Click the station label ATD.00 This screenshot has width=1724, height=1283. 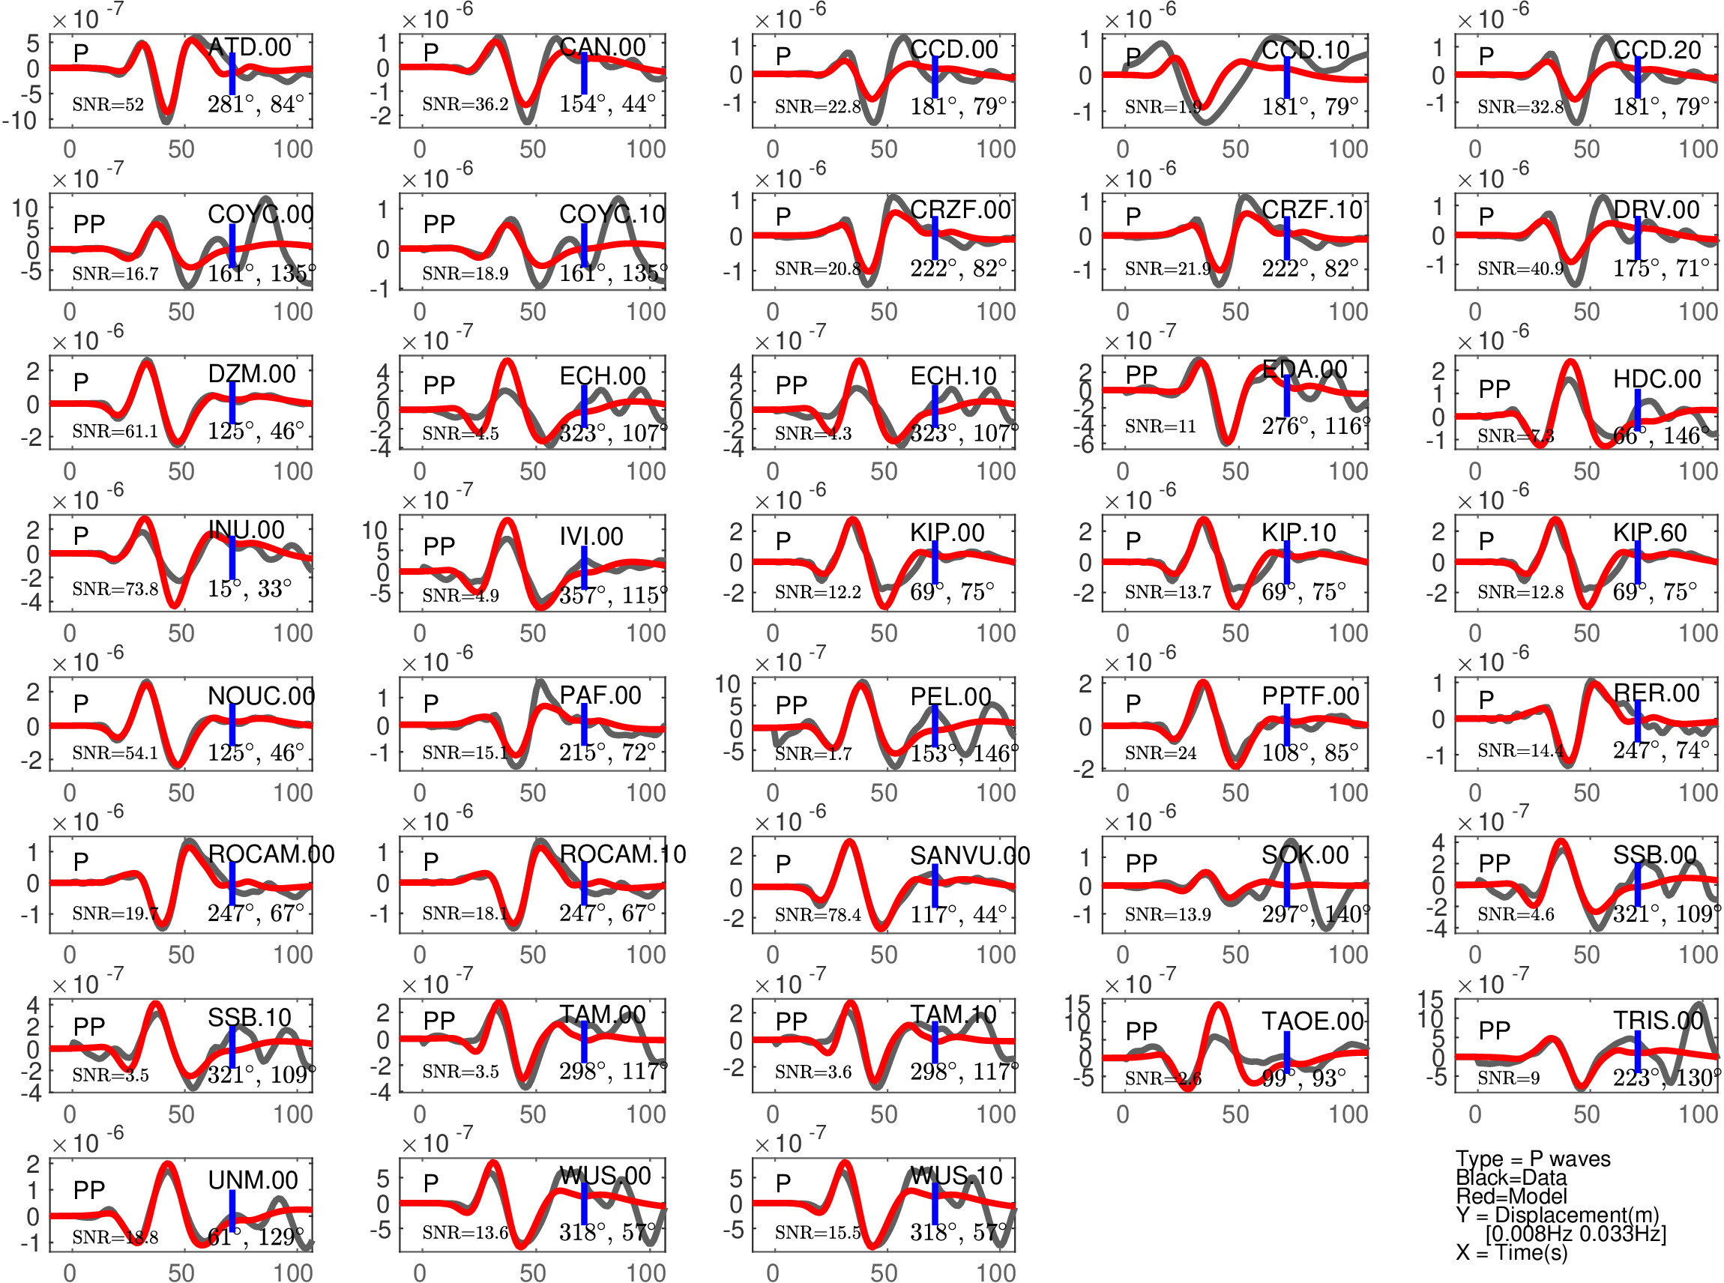[x=250, y=47]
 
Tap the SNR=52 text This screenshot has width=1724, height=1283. [x=108, y=105]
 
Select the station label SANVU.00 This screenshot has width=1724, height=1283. [x=969, y=856]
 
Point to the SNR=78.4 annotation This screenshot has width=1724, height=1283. [x=818, y=916]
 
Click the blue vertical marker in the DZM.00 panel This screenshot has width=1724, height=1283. [x=232, y=403]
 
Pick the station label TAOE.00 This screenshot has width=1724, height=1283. [x=1312, y=1021]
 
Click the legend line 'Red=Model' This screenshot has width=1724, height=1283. [x=1511, y=1196]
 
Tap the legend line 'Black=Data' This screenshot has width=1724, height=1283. [x=1511, y=1177]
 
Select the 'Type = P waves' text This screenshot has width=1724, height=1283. [x=1533, y=1159]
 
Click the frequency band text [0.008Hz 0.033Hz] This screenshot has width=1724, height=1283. [x=1576, y=1234]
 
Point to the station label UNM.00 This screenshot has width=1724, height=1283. [x=253, y=1180]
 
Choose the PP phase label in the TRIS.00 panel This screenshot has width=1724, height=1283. [x=1494, y=1030]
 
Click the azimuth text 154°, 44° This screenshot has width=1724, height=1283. [x=607, y=103]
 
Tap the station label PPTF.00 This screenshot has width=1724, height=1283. [x=1310, y=697]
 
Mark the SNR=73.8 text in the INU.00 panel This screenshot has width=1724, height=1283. [x=115, y=590]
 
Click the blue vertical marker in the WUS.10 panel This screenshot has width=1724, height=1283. [x=935, y=1203]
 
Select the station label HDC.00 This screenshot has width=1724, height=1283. [x=1657, y=379]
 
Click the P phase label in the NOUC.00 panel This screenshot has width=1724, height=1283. [x=81, y=704]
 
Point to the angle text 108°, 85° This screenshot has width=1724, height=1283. [x=1310, y=752]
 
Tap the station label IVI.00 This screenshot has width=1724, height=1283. [x=591, y=537]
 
